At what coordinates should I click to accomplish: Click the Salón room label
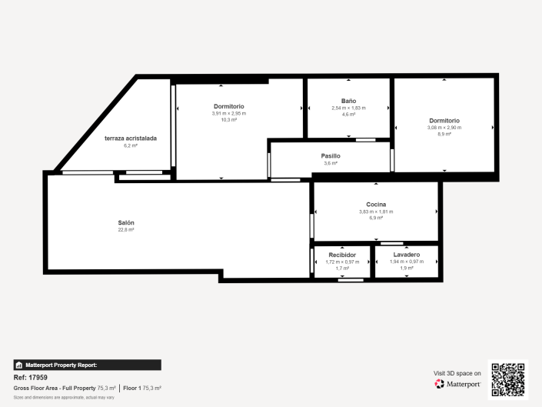tap(126, 222)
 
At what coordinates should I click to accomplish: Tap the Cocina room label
tap(376, 205)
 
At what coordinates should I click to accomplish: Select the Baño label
tap(349, 101)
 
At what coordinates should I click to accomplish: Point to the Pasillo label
tap(331, 156)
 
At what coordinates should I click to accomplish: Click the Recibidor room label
tap(342, 255)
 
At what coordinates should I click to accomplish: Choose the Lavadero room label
tap(406, 255)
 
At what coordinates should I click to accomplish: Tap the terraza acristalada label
tap(131, 138)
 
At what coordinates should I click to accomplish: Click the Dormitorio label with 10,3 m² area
tap(228, 106)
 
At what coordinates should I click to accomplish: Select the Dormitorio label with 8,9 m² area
tap(444, 120)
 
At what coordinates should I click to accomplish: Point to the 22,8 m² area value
tap(126, 230)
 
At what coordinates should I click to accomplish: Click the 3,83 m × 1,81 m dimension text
tap(376, 212)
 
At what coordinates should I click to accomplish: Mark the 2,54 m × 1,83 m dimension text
tap(349, 108)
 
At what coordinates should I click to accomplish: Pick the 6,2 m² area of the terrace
tap(131, 145)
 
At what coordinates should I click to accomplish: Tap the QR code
tap(509, 379)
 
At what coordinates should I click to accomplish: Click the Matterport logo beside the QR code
tap(458, 384)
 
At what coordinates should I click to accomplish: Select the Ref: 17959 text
tap(31, 378)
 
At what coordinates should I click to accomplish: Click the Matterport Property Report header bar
tap(87, 365)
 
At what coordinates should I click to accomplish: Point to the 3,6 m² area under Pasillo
tap(331, 163)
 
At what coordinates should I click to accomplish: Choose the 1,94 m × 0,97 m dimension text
tap(406, 262)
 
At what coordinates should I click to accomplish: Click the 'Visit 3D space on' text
tap(457, 373)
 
